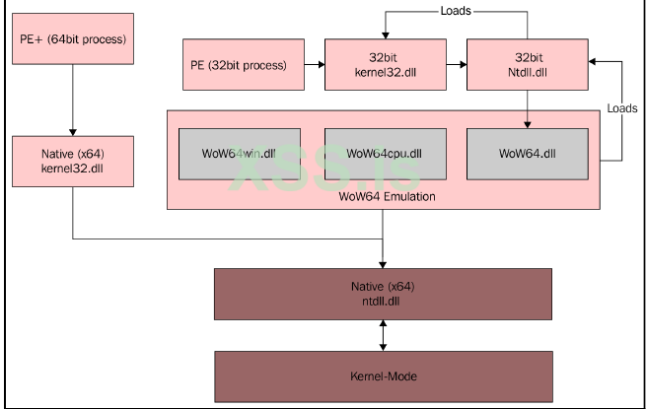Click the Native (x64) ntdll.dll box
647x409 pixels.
[x=383, y=292]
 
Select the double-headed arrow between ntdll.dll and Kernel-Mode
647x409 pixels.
[x=383, y=334]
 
